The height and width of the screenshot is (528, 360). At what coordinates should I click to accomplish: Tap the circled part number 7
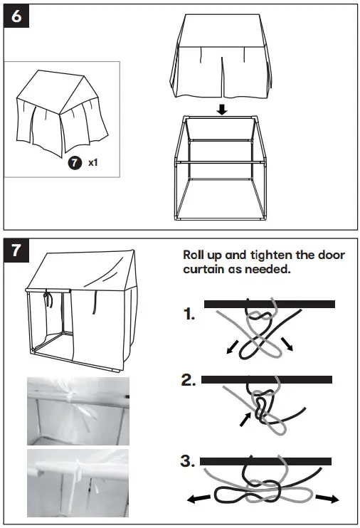pos(73,162)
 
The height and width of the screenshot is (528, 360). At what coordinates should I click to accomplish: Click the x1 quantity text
pos(92,163)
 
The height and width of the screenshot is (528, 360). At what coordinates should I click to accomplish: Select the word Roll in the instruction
pos(197,255)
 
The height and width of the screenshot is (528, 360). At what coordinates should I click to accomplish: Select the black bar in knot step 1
pos(269,304)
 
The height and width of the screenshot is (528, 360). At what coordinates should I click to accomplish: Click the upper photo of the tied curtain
pos(78,410)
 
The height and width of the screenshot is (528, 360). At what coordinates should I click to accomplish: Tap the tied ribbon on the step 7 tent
pos(50,299)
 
